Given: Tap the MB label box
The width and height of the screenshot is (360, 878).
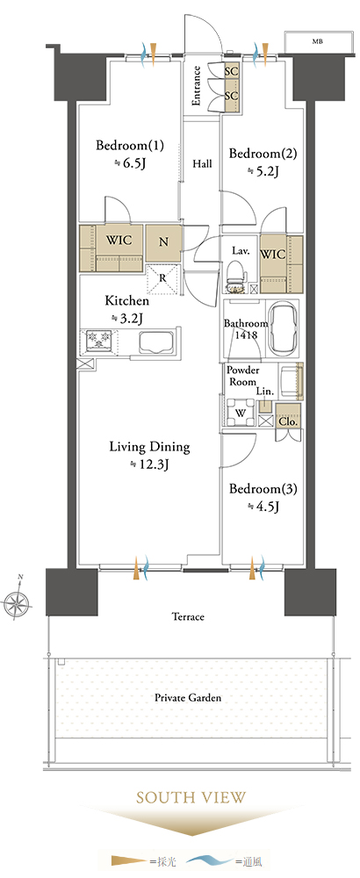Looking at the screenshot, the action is (x=317, y=41).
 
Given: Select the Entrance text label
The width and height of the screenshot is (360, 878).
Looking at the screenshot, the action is (x=197, y=86).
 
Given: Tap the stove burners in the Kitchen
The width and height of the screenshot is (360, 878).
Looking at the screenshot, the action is (x=98, y=341).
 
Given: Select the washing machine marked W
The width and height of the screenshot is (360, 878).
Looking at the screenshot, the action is (x=240, y=413).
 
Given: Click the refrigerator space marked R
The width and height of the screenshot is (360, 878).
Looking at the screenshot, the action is (x=162, y=278).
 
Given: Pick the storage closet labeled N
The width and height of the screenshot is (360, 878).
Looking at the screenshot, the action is (x=163, y=242).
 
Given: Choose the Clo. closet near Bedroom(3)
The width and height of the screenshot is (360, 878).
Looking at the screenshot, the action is (x=288, y=416).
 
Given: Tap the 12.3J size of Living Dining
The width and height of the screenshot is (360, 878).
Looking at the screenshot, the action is (x=149, y=464).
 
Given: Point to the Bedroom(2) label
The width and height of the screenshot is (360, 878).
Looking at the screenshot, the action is (x=263, y=154).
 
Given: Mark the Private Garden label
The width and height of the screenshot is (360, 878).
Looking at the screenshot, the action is (x=189, y=698).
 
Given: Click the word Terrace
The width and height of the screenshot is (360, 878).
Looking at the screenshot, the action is (x=188, y=617).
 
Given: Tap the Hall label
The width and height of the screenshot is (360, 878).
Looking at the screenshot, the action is (x=202, y=164).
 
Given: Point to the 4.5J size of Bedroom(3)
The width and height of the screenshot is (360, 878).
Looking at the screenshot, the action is (x=263, y=507).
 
